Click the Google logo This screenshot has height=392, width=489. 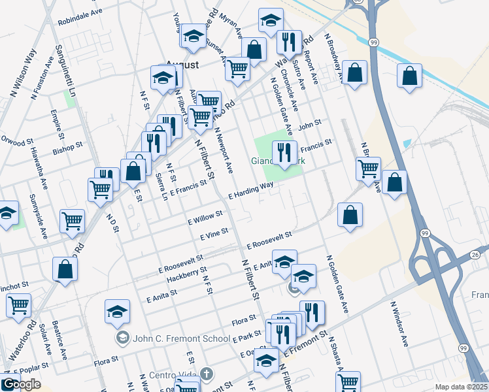pyautogui.click(x=22, y=384)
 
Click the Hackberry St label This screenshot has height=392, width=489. pyautogui.click(x=186, y=274)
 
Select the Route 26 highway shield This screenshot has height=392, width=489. pyautogui.click(x=475, y=254)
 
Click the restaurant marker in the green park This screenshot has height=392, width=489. pyautogui.click(x=284, y=153)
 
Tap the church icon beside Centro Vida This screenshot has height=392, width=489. pyautogui.click(x=207, y=374)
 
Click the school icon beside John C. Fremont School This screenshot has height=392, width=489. pyautogui.click(x=122, y=338)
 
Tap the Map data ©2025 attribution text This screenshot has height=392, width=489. pyautogui.click(x=462, y=387)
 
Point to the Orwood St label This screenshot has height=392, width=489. pyautogui.click(x=17, y=140)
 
